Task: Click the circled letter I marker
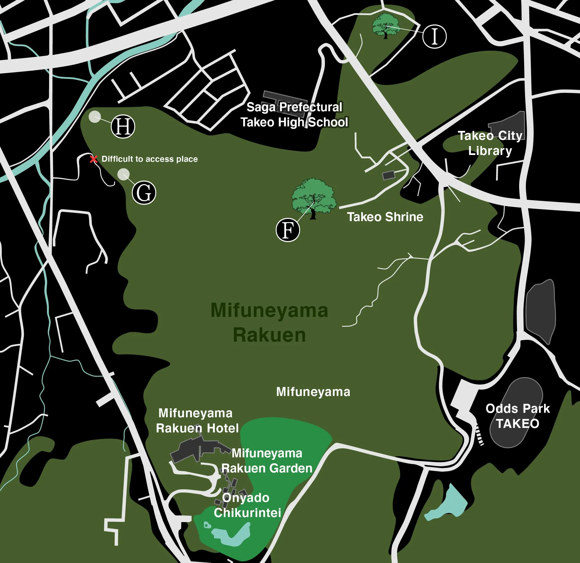[434, 36]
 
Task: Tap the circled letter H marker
[123, 127]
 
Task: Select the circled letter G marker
[144, 193]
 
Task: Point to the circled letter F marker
[288, 230]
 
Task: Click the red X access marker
[93, 159]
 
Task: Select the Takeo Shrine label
[385, 217]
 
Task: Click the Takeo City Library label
[490, 143]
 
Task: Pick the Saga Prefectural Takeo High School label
[294, 115]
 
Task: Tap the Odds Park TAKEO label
[517, 416]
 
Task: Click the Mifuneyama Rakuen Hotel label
[197, 420]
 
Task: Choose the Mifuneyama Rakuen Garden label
[267, 461]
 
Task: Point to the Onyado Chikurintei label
[247, 505]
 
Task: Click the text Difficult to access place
[149, 159]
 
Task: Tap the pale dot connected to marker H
[95, 117]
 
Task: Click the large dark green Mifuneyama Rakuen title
[269, 323]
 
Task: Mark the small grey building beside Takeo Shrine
[389, 175]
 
